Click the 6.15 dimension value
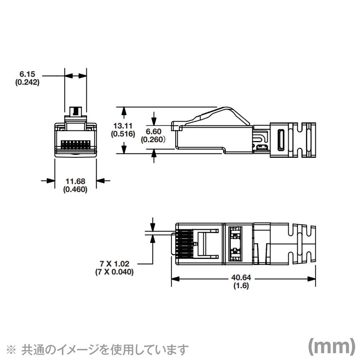[x=27, y=75]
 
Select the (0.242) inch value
[x=27, y=82]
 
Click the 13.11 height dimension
[x=123, y=126]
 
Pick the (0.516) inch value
[x=123, y=134]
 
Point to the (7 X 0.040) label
[x=114, y=272]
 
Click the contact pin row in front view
[x=75, y=144]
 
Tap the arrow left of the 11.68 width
[x=48, y=181]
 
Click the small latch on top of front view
[x=75, y=110]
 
